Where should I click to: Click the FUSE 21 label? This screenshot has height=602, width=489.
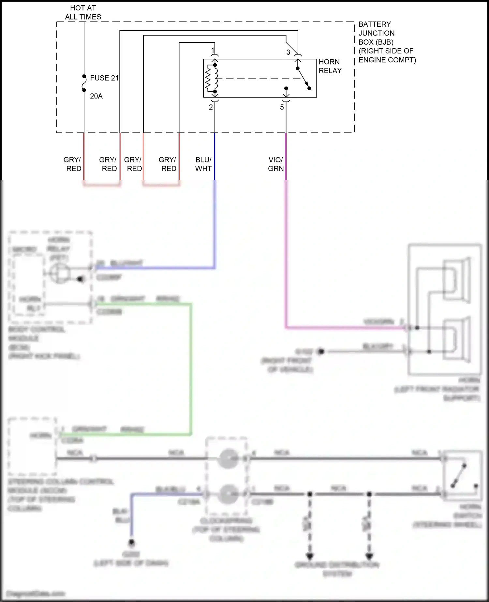click(x=104, y=78)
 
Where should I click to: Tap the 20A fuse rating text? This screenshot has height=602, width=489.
click(x=96, y=96)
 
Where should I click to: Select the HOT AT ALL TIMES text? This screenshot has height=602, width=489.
click(x=83, y=12)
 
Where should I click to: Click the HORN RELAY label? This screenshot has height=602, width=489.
click(x=330, y=66)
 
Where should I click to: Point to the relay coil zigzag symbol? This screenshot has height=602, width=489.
click(x=209, y=78)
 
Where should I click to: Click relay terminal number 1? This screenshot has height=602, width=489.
click(x=213, y=51)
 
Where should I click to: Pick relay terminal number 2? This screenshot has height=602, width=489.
click(x=211, y=107)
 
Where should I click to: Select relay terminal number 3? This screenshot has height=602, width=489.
click(x=288, y=52)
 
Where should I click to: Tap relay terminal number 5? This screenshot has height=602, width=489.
click(x=282, y=107)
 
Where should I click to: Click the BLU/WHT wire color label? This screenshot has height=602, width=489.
click(x=203, y=164)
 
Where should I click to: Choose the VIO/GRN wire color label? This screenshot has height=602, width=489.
click(x=276, y=164)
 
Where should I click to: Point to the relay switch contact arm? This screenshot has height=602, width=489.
click(x=303, y=78)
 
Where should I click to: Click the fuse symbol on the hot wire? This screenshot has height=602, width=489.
click(x=84, y=83)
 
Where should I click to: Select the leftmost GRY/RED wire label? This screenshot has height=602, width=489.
click(x=72, y=164)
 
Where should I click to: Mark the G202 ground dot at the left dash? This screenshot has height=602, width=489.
click(x=132, y=543)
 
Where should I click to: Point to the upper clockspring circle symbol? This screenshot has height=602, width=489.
click(x=227, y=459)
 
